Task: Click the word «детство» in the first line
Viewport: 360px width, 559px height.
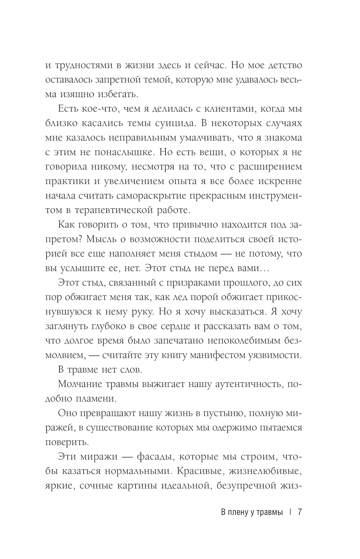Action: coord(276,66)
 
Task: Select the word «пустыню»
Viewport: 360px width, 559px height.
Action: coord(213,413)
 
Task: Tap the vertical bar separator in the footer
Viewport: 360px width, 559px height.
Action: coord(290,513)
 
